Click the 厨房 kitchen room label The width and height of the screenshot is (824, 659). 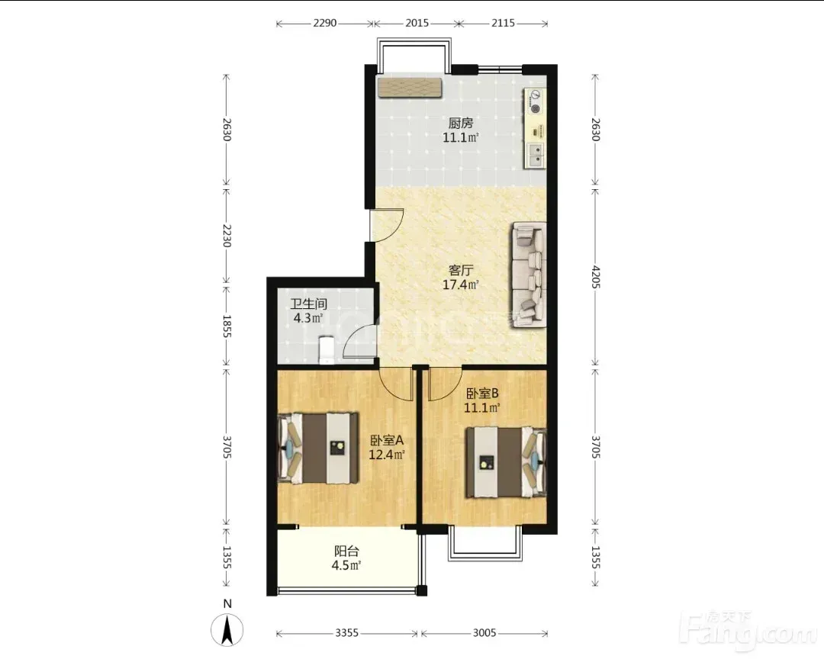coord(461,123)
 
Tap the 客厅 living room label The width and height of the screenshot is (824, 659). coord(461,270)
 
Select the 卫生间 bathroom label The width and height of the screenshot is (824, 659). coord(309,304)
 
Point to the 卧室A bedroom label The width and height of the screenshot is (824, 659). coord(386,440)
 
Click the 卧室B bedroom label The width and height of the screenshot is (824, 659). coord(482,393)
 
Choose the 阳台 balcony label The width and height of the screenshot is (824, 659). coord(347,551)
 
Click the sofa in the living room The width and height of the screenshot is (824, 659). coord(529,275)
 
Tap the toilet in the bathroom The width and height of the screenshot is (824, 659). coord(327,350)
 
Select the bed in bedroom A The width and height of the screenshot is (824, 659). coord(318,448)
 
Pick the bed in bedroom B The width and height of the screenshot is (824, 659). coord(506,462)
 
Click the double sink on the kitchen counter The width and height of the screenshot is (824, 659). coord(536,155)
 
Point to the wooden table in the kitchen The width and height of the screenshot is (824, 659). coord(409,88)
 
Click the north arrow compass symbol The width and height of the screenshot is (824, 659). coord(227,629)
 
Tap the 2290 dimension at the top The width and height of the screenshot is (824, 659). coord(325,23)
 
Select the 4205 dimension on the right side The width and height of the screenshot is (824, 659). coord(595,276)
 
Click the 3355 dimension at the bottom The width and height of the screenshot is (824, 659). coord(347,633)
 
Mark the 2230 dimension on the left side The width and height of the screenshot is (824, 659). coord(227,235)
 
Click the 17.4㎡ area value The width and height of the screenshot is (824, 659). coord(461,284)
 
